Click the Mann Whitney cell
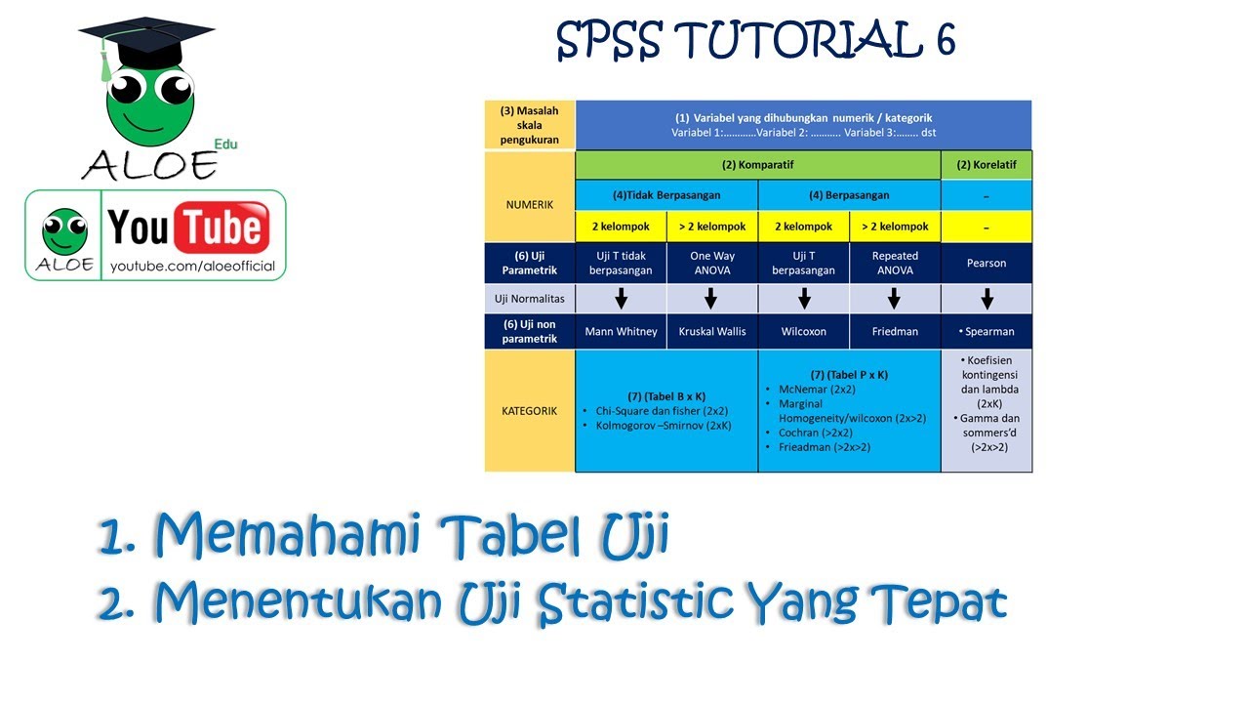click(621, 331)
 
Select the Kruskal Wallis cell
click(711, 331)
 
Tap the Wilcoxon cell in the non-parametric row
click(803, 331)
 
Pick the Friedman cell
click(895, 331)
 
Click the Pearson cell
click(986, 263)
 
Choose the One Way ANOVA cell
click(711, 263)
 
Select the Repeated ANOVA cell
click(895, 263)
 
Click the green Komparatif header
click(757, 165)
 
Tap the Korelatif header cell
click(986, 165)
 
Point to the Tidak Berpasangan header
click(666, 194)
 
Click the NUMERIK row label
click(530, 205)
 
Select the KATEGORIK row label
click(530, 411)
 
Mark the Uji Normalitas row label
click(530, 298)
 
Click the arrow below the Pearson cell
click(987, 298)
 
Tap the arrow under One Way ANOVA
click(711, 298)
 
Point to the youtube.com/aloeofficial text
click(192, 267)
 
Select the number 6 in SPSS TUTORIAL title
click(942, 40)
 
